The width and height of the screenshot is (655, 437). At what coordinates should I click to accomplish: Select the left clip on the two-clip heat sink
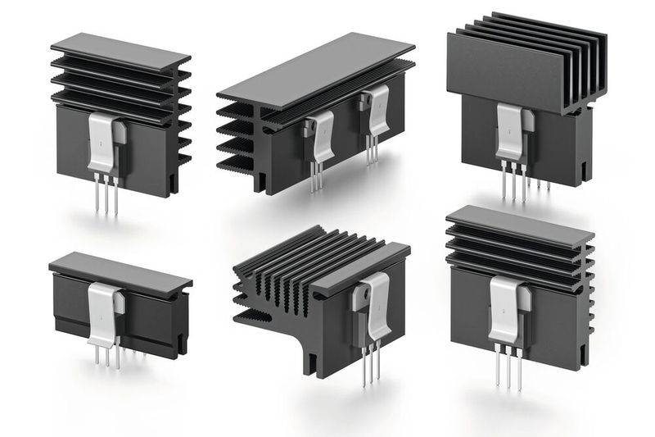318,134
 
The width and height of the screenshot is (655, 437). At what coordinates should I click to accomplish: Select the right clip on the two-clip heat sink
377,115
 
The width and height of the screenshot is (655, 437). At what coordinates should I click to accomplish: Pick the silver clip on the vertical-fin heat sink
512,132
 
